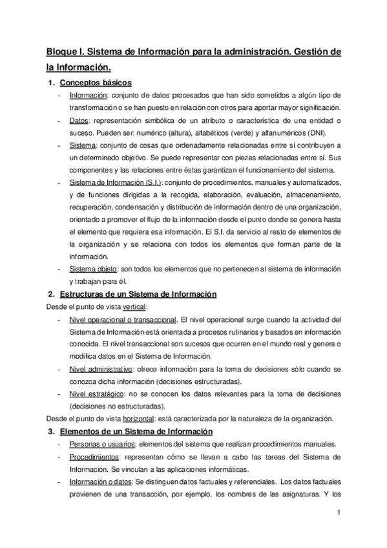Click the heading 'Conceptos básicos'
(x=96, y=83)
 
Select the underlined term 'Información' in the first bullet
(x=88, y=96)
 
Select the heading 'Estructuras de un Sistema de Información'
(x=138, y=294)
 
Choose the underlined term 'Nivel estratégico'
(x=96, y=393)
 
